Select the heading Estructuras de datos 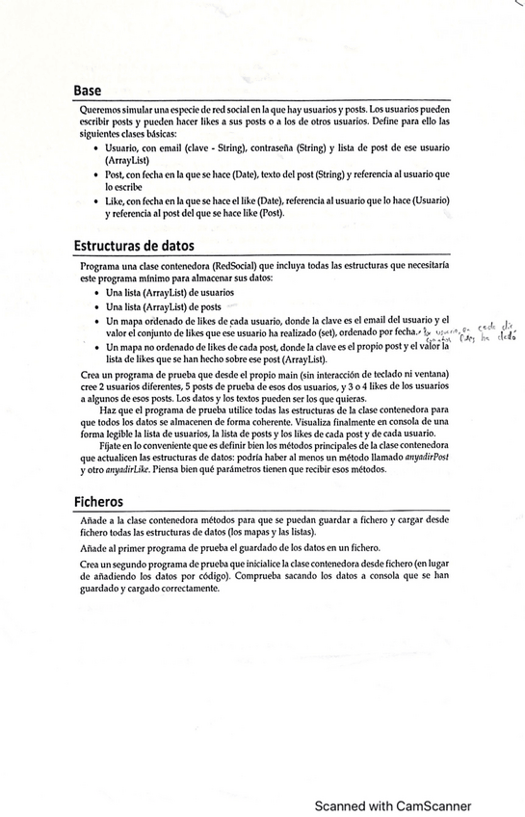pos(134,245)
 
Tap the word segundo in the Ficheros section pos(135,563)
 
